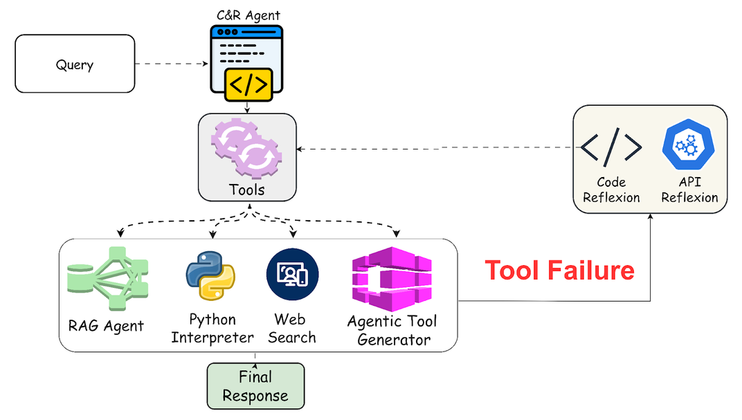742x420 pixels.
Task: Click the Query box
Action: (x=75, y=64)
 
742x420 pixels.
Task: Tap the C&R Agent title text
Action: (x=247, y=15)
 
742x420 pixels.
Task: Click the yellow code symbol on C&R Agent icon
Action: (x=248, y=84)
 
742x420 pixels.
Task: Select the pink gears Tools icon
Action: (x=247, y=147)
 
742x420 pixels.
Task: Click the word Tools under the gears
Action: (x=247, y=189)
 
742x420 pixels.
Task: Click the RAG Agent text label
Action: (x=106, y=325)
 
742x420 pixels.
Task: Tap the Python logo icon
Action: (x=210, y=275)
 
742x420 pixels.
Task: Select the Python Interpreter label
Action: (x=212, y=329)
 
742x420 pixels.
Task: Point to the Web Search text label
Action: (x=291, y=329)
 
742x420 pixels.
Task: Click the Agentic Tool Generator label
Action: (x=392, y=331)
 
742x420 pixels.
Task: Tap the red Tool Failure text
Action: (x=559, y=270)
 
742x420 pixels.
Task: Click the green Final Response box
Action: (x=255, y=387)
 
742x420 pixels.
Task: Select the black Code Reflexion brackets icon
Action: (x=610, y=145)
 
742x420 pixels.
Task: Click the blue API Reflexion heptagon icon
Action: (x=688, y=145)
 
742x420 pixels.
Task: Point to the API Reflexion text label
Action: (x=689, y=190)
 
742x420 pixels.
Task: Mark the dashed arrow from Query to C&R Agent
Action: (x=172, y=64)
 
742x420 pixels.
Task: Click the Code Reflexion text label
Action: (x=611, y=190)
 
